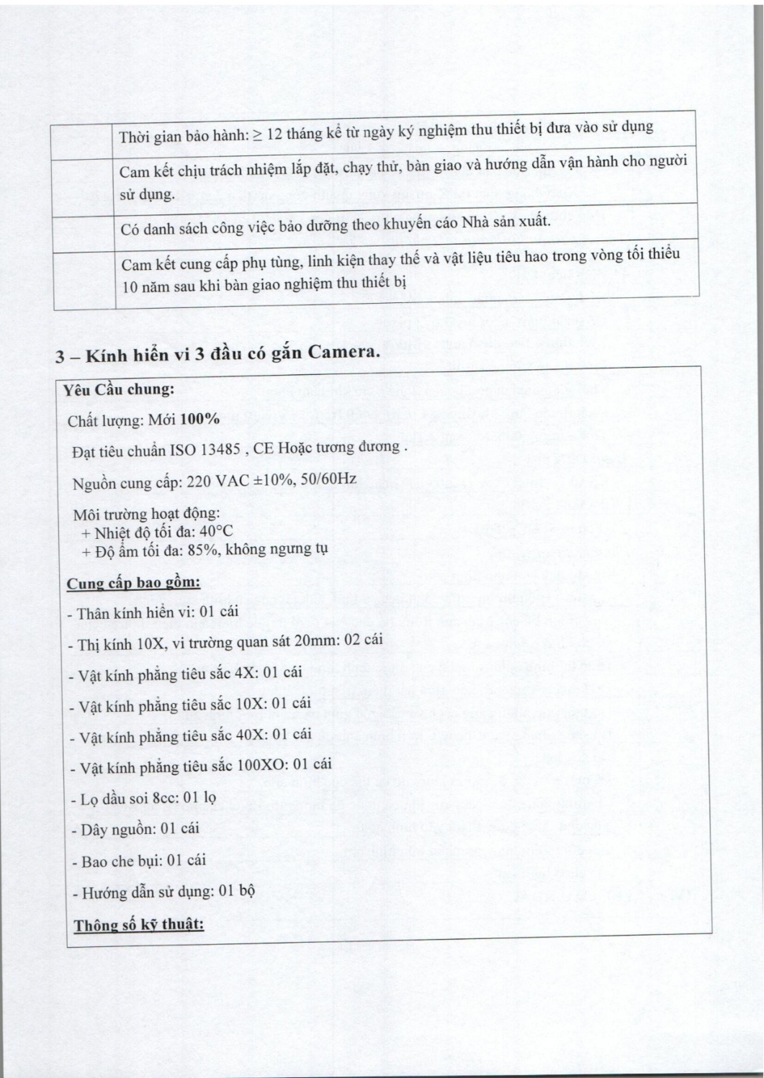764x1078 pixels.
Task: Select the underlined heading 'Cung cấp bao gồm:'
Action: click(x=133, y=582)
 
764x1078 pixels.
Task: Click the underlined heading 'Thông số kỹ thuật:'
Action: click(x=139, y=925)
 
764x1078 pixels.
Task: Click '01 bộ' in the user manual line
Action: click(x=237, y=892)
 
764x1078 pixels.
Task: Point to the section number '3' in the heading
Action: click(x=62, y=358)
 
